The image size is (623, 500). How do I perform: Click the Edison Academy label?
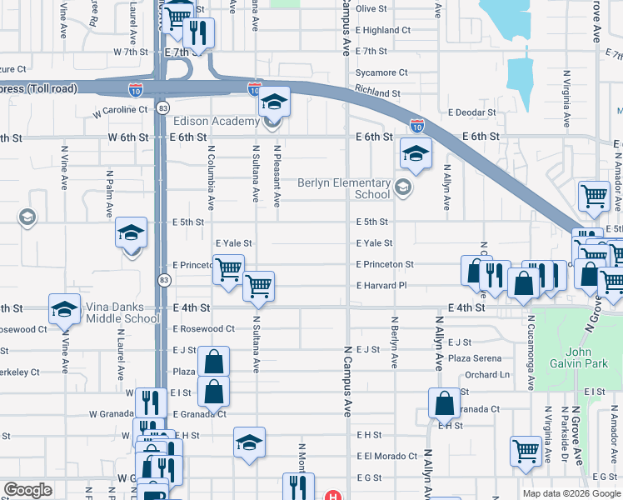tap(217, 122)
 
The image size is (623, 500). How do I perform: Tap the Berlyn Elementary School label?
tap(345, 188)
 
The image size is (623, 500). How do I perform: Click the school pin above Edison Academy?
tap(272, 102)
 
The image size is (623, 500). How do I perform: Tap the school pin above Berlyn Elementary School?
tap(416, 152)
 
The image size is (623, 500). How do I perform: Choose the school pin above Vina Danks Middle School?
tap(63, 309)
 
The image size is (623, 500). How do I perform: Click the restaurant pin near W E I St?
tap(150, 402)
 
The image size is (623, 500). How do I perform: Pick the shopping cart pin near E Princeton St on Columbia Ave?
tap(228, 270)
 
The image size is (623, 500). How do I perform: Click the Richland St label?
tap(376, 93)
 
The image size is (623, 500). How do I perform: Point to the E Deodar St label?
tap(471, 112)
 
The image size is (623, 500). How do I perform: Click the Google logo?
tap(28, 491)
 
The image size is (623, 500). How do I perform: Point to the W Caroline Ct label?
tap(120, 109)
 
